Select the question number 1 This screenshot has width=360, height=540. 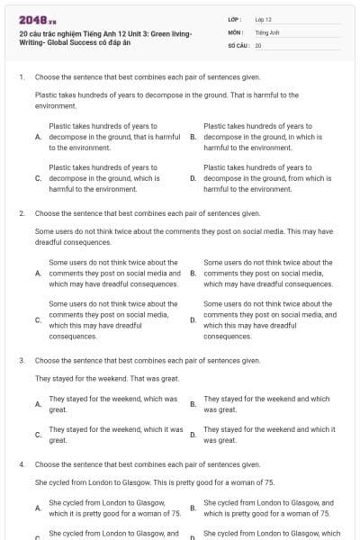[x=21, y=78]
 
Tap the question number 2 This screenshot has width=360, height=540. [x=21, y=213]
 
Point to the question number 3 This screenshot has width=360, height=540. [x=21, y=360]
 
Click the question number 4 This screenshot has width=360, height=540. [x=21, y=464]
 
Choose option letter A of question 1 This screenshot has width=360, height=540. [x=38, y=137]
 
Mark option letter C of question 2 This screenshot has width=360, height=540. [x=38, y=319]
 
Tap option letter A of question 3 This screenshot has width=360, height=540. [x=38, y=404]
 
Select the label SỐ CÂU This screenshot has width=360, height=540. [x=238, y=44]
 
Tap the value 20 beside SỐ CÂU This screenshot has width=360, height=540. [x=258, y=44]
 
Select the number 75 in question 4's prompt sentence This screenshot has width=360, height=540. [x=269, y=482]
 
